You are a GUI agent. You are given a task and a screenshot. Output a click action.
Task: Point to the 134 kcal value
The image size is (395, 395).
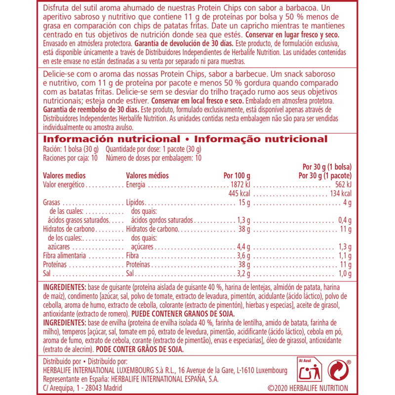tap(340, 193)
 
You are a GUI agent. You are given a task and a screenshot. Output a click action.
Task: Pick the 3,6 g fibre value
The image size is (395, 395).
tap(241, 256)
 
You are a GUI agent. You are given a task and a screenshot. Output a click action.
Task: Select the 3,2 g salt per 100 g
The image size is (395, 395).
tap(241, 274)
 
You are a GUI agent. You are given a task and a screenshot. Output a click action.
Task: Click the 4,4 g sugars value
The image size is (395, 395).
tap(241, 247)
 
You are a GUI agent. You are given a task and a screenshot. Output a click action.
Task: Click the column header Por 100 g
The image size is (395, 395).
tap(237, 176)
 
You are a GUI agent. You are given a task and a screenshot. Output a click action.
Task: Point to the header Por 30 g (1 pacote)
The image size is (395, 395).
tap(325, 176)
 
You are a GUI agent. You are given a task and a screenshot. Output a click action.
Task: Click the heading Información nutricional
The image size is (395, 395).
tap(112, 140)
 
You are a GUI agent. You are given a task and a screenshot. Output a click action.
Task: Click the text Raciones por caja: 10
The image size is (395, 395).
tap(71, 158)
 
